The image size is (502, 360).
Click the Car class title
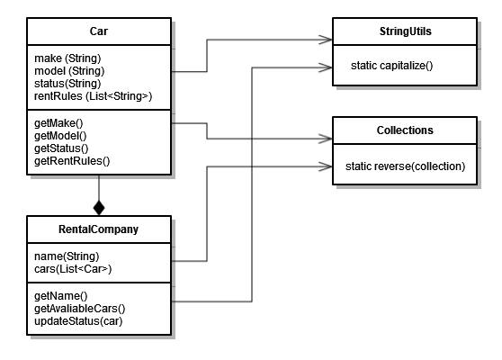pyautogui.click(x=99, y=31)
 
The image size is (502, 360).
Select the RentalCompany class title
pyautogui.click(x=98, y=229)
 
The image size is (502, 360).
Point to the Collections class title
pyautogui.click(x=404, y=130)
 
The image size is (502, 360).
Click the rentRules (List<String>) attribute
pyautogui.click(x=81, y=96)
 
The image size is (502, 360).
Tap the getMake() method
pyautogui.click(x=54, y=123)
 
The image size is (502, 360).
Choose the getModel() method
pyautogui.click(x=56, y=135)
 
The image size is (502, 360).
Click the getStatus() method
pyautogui.click(x=58, y=148)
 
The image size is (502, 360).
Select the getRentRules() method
pyautogui.click(x=66, y=160)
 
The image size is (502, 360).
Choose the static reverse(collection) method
pyautogui.click(x=405, y=166)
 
